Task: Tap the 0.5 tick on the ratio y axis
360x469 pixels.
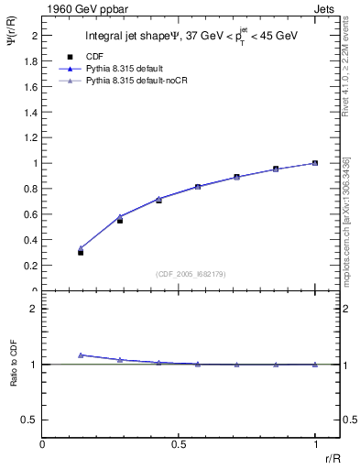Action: click(x=31, y=420)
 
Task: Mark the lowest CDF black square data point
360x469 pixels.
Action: click(x=81, y=252)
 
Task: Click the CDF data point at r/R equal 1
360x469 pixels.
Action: click(x=315, y=163)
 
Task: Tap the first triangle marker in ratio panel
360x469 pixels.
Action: click(x=81, y=354)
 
